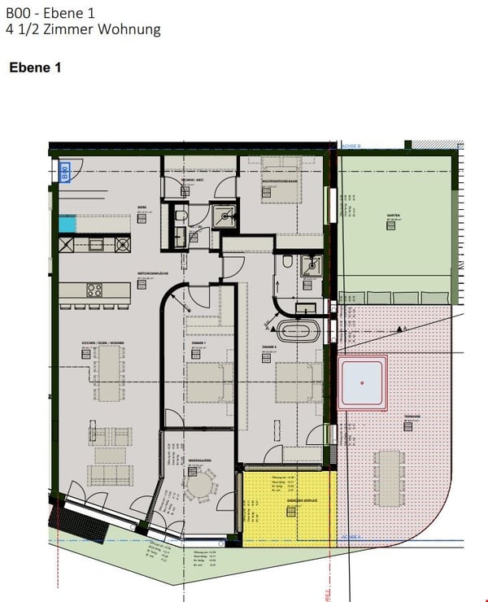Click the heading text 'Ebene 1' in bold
click(x=35, y=68)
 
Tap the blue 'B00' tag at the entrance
click(x=65, y=172)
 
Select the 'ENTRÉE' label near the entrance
click(x=142, y=207)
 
